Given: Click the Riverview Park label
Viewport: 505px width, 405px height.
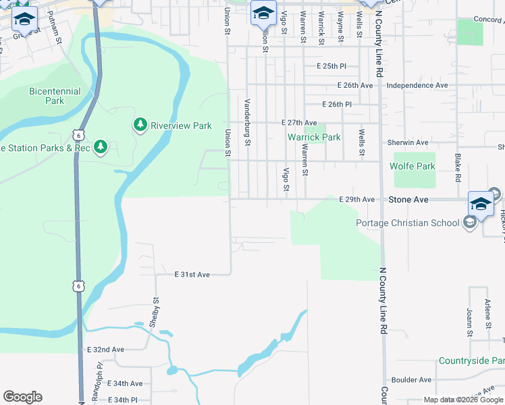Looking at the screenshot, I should point(181,126).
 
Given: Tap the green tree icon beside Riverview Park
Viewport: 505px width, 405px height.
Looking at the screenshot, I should point(140,125).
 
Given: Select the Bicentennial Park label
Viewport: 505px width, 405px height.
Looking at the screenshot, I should point(55,96).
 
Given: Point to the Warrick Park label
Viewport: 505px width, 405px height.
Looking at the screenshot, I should point(314,137).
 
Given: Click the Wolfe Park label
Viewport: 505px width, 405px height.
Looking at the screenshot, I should point(413,165).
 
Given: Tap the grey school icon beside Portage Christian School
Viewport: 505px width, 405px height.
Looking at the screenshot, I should point(470,223).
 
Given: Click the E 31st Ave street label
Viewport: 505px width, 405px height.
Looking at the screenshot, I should point(192,275).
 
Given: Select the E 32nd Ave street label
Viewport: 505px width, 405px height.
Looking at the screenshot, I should point(106,350).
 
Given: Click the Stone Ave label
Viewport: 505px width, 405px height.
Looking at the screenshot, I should point(408,200).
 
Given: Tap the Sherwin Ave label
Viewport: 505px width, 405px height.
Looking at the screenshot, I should point(408,142).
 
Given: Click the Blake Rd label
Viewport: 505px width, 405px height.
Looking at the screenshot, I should point(458,167).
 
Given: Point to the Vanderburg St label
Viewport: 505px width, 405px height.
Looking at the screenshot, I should point(247,122).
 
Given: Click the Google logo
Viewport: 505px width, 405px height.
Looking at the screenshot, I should point(22,397).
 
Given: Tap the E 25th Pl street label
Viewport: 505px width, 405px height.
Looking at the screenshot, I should point(331,66).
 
